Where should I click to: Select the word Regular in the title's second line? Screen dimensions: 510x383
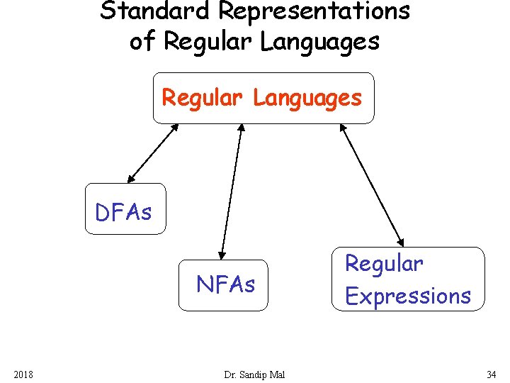tap(208, 41)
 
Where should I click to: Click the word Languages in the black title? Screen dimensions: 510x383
tap(319, 41)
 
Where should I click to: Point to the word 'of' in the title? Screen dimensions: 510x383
tap(142, 41)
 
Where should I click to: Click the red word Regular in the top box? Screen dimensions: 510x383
tap(204, 98)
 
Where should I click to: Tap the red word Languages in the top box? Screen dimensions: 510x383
tap(307, 98)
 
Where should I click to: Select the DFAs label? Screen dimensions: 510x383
tap(124, 211)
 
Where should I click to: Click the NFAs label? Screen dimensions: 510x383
tap(225, 284)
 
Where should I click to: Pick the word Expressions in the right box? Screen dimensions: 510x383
tap(408, 296)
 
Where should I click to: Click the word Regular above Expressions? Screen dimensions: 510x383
tap(384, 264)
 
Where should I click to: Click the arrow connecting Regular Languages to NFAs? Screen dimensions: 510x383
tap(232, 190)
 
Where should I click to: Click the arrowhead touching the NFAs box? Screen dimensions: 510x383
tap(222, 252)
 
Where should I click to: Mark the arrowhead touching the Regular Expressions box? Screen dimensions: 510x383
tap(400, 241)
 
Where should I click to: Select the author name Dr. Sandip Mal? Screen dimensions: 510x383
tap(254, 374)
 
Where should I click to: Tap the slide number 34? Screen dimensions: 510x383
tap(491, 374)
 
